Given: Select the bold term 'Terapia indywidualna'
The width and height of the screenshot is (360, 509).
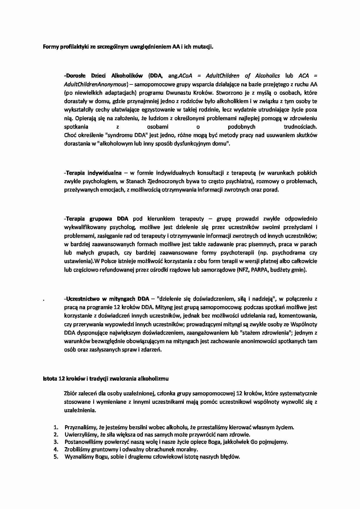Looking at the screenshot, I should pos(93,173).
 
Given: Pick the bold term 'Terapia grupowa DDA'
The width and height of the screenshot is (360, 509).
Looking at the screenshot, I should pos(97,219).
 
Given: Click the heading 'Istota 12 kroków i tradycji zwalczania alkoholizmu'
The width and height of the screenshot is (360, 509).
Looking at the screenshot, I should pos(106,379).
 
